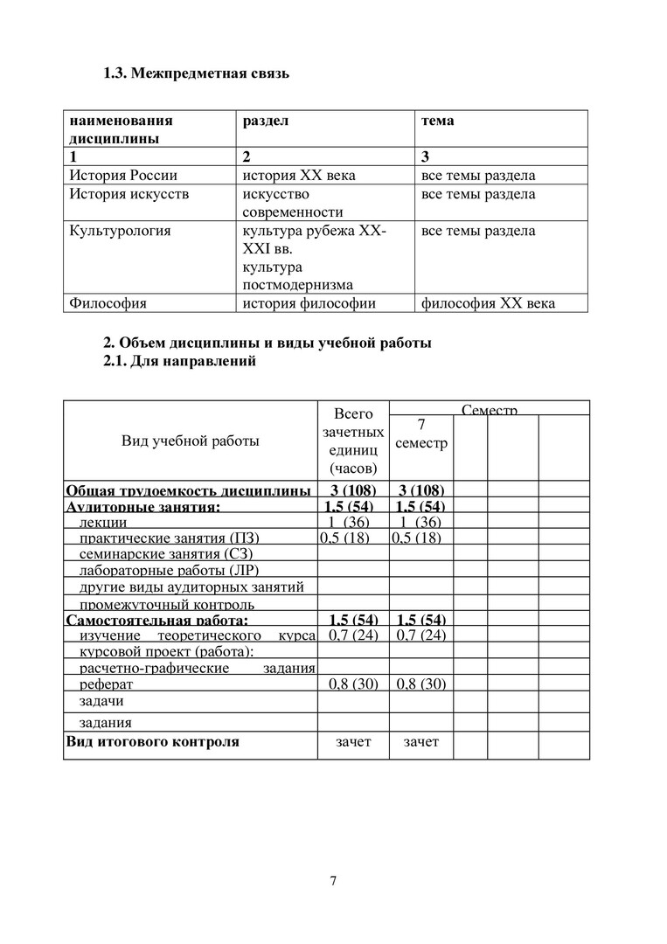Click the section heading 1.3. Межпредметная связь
click(196, 73)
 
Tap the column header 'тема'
click(437, 121)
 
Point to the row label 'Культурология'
click(120, 231)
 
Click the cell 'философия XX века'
click(488, 303)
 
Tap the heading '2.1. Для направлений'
click(180, 362)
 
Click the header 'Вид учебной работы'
click(190, 441)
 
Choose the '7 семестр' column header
click(420, 434)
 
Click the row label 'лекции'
click(103, 523)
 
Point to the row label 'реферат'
click(106, 684)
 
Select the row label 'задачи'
click(101, 701)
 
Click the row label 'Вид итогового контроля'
click(152, 742)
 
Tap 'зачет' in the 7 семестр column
click(420, 742)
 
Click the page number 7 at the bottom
click(333, 880)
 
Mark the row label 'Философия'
click(108, 303)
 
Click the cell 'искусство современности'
click(293, 203)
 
